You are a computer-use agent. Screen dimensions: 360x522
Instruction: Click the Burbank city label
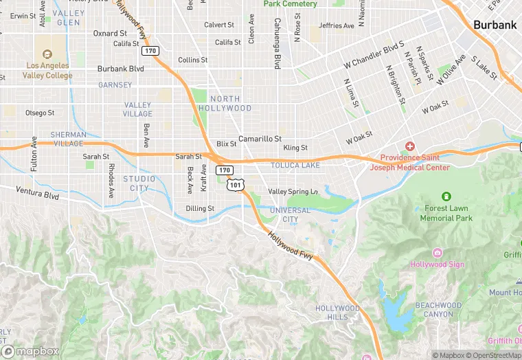click(495, 25)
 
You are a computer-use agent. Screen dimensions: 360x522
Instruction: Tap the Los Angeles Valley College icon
click(47, 54)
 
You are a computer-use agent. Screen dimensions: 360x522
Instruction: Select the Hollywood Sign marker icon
click(437, 253)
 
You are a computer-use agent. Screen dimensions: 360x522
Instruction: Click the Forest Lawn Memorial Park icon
click(446, 197)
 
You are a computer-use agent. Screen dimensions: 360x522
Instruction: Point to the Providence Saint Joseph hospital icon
click(410, 146)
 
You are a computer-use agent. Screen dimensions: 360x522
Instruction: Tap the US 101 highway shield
click(236, 184)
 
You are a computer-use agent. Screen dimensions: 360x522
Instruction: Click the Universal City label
click(290, 214)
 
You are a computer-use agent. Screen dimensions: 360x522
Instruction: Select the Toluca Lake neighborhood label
click(295, 166)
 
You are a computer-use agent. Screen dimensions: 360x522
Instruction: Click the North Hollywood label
click(225, 104)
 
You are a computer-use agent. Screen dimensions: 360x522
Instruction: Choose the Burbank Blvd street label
click(121, 69)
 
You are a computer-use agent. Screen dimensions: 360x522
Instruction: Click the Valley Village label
click(138, 109)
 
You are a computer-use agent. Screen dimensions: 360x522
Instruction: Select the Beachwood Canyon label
click(438, 309)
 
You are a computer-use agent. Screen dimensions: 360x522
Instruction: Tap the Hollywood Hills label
click(337, 313)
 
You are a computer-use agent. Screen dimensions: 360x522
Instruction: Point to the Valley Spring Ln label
click(293, 192)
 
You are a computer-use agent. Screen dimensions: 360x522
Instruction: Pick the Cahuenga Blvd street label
click(276, 52)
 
